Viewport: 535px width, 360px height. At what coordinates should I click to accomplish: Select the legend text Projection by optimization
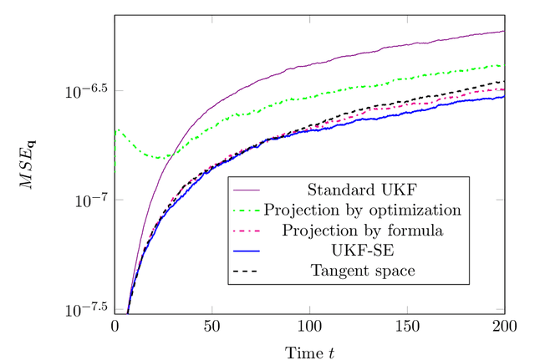point(362,208)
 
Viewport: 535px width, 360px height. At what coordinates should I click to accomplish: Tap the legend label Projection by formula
point(362,229)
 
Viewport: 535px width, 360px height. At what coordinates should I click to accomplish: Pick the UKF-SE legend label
point(362,250)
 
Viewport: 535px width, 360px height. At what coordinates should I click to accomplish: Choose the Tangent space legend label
point(362,271)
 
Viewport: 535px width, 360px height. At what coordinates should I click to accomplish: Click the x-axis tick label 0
point(115,327)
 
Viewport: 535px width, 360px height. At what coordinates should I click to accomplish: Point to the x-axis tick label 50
point(212,327)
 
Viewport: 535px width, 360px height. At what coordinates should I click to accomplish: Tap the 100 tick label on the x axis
point(310,327)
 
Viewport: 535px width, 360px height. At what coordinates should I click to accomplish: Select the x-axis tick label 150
point(407,327)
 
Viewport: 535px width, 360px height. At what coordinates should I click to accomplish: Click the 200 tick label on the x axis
point(504,327)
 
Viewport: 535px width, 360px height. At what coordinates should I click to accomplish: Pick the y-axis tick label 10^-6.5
point(86,89)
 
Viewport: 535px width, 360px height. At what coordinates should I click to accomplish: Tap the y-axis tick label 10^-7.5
point(86,309)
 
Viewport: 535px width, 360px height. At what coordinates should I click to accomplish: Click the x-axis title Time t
point(309,351)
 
